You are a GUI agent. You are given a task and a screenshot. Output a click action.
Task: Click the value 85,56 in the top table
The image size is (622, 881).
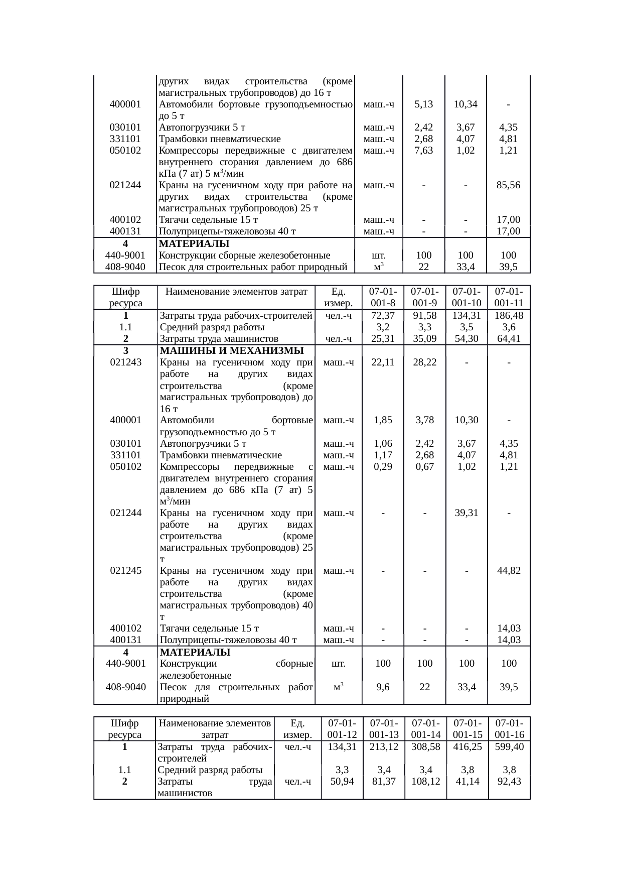point(508,185)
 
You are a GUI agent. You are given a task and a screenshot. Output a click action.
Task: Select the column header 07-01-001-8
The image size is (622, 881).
point(383,297)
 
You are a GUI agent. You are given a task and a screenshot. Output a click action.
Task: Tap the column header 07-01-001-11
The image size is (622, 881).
point(509,297)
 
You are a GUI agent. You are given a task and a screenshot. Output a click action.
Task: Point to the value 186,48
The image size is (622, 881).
point(509,316)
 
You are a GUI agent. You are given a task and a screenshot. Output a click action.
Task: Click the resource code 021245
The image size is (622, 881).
point(125,571)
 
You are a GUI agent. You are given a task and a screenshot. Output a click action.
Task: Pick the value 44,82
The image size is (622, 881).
point(509,571)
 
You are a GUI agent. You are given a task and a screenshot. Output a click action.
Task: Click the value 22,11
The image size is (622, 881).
point(383,362)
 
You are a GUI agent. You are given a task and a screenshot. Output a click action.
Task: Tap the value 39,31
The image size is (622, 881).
point(466,513)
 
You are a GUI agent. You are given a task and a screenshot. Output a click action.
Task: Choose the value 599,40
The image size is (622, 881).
point(509,746)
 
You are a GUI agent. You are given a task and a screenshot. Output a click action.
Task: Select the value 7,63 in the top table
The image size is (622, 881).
point(424,151)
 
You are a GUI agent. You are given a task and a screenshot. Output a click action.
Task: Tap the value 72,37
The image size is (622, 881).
point(383,316)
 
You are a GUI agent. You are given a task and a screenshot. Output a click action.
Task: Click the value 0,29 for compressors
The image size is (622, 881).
point(383,467)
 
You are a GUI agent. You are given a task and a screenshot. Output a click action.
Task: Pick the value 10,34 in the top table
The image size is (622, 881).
point(465,104)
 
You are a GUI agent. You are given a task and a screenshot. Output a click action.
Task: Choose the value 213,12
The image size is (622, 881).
point(383,746)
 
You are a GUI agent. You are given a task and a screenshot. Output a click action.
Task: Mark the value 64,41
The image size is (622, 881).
point(509,339)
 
